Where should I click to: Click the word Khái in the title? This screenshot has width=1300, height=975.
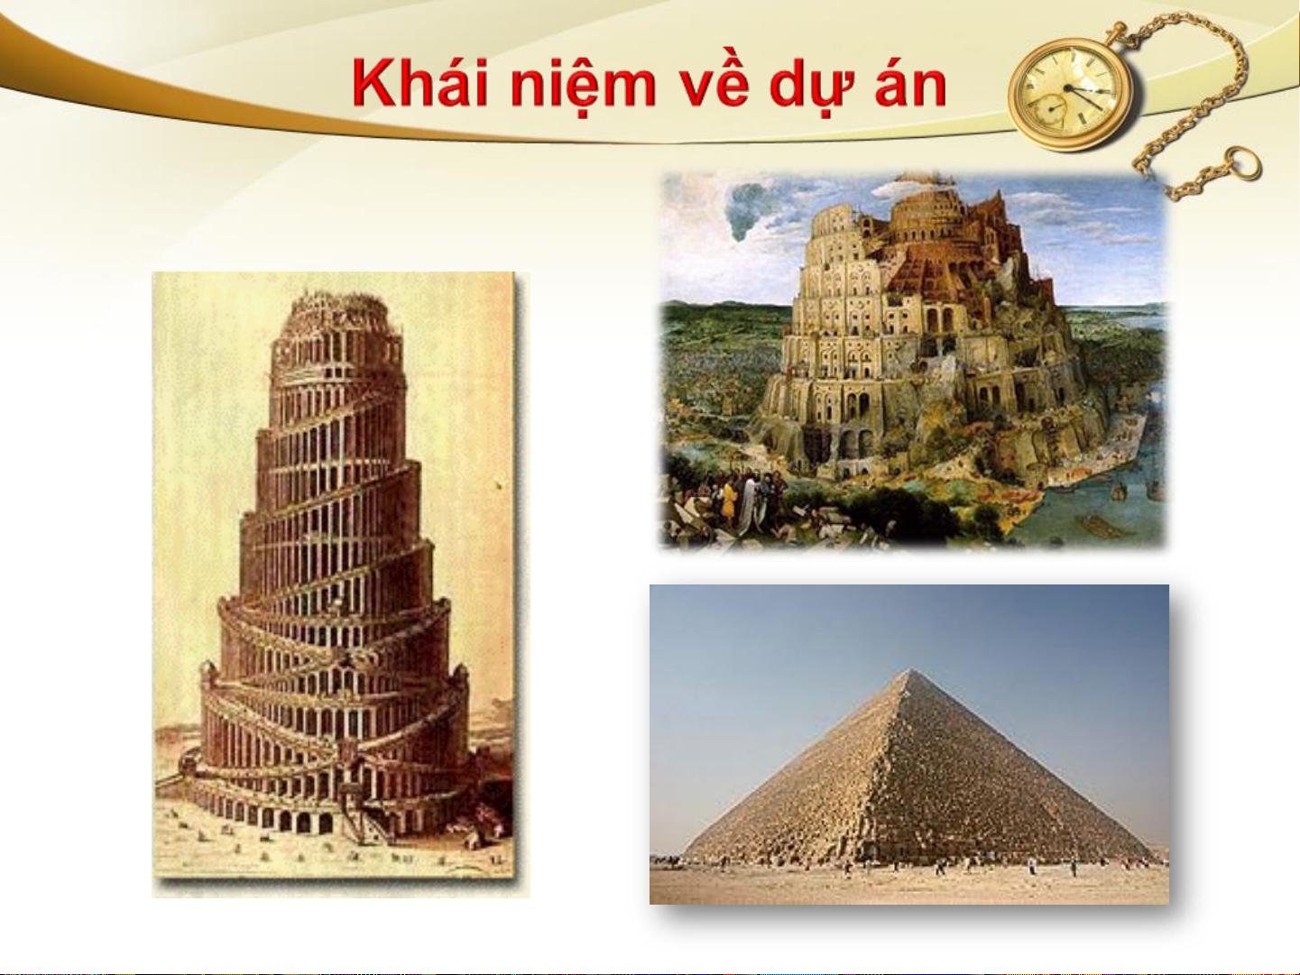tap(419, 83)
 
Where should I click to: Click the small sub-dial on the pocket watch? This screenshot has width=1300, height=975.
tap(1053, 109)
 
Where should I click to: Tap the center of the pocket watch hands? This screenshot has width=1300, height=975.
tap(1069, 88)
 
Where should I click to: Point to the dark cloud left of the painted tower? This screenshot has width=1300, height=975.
tap(747, 209)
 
